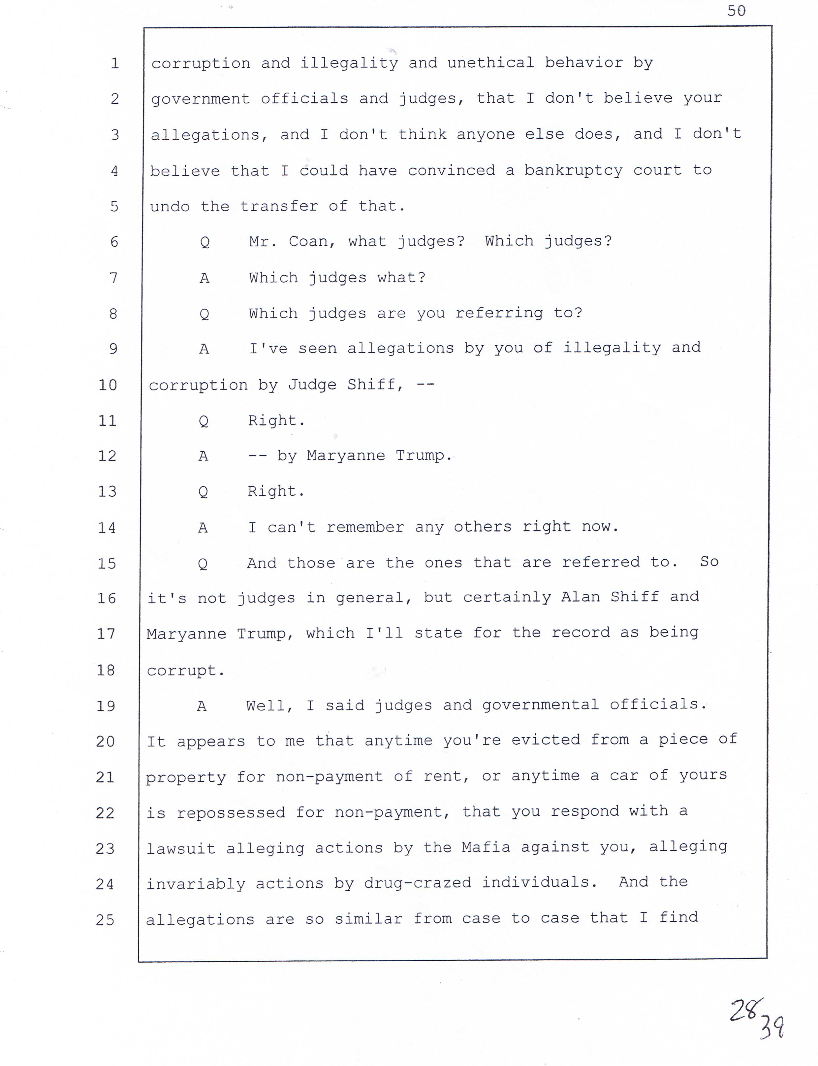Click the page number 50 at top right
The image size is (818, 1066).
pyautogui.click(x=736, y=11)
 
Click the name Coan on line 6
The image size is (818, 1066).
pyautogui.click(x=308, y=241)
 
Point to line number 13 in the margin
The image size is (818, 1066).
pyautogui.click(x=107, y=491)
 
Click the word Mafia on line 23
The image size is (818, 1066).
pyautogui.click(x=486, y=847)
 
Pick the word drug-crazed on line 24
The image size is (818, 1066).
pyautogui.click(x=417, y=883)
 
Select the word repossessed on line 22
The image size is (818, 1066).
pyautogui.click(x=231, y=812)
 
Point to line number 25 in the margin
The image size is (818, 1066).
pyautogui.click(x=105, y=920)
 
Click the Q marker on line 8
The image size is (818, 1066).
pyautogui.click(x=204, y=313)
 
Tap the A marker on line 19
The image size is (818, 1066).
pyautogui.click(x=202, y=706)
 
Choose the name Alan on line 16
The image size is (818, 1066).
pyautogui.click(x=581, y=597)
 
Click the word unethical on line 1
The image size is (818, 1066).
pyautogui.click(x=490, y=63)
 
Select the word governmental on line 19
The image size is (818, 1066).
pyautogui.click(x=541, y=705)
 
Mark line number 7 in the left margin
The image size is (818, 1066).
pyautogui.click(x=113, y=278)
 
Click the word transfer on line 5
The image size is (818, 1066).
pyautogui.click(x=279, y=206)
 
